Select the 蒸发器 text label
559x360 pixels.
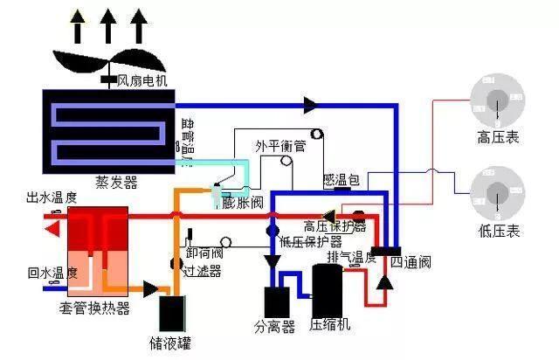coord(116,183)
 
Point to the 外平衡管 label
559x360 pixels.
coord(280,146)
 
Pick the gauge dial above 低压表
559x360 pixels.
coord(499,194)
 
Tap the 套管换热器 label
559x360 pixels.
coord(94,308)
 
